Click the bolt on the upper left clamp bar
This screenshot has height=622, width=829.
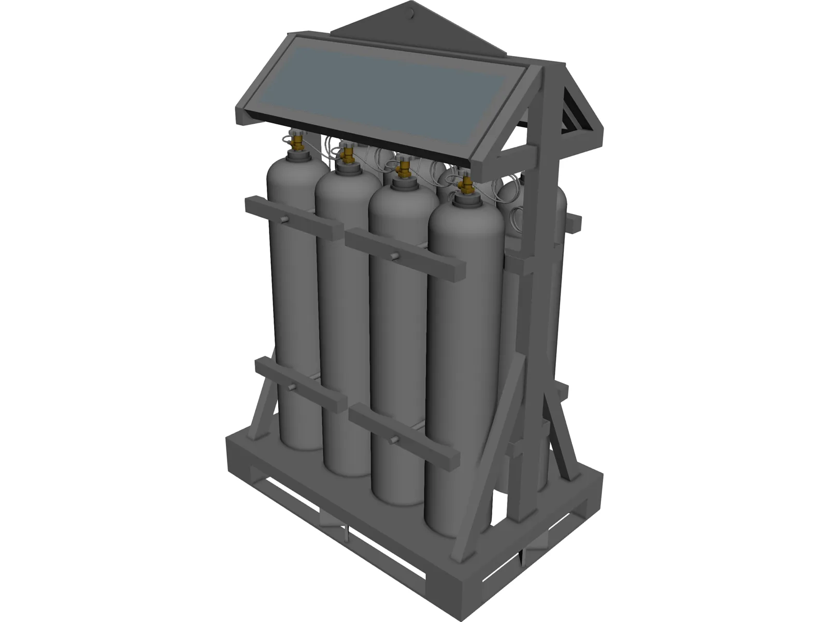click(x=285, y=221)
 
